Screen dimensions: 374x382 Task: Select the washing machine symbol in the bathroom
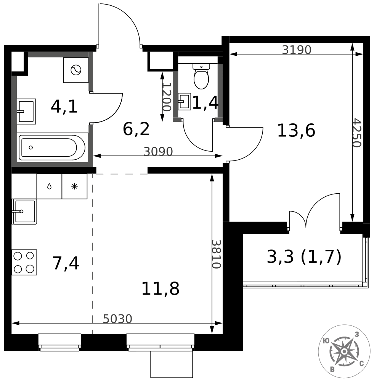(x=76, y=70)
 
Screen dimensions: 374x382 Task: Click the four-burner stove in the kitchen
(x=24, y=262)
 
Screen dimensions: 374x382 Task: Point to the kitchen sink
(x=24, y=212)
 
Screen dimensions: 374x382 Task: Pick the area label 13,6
(x=296, y=131)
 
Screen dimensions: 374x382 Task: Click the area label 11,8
(x=160, y=289)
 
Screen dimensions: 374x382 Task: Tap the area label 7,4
(x=66, y=263)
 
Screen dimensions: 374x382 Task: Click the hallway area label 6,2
(x=136, y=129)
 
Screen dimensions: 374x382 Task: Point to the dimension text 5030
(x=117, y=319)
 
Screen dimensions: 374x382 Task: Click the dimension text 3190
(x=297, y=50)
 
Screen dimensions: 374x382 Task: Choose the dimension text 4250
(x=357, y=133)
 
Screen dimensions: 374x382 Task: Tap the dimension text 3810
(x=216, y=254)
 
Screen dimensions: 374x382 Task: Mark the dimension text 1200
(x=167, y=97)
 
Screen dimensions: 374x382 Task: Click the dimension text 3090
(x=158, y=152)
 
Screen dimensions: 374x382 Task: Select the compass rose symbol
(x=344, y=351)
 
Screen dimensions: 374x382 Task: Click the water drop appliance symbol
(x=49, y=186)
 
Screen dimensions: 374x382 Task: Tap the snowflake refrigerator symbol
(x=74, y=186)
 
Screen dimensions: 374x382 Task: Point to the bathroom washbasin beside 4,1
(x=26, y=111)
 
